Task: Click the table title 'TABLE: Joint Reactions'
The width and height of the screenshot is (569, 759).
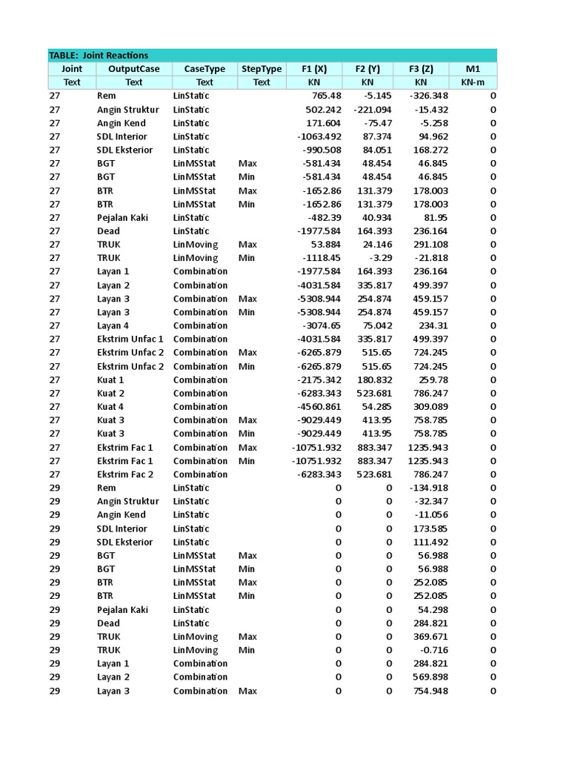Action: point(99,56)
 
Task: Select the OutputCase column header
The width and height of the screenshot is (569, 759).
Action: point(133,69)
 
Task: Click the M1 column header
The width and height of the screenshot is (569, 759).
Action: point(472,69)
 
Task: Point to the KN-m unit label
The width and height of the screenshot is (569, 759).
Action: point(472,82)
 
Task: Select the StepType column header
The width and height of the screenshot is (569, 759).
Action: point(262,69)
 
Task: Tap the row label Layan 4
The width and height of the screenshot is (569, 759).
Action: point(113,325)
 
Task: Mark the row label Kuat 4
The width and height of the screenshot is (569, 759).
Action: point(110,407)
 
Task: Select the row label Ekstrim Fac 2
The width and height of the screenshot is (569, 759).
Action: point(124,474)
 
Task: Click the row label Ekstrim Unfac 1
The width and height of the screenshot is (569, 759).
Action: point(130,339)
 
